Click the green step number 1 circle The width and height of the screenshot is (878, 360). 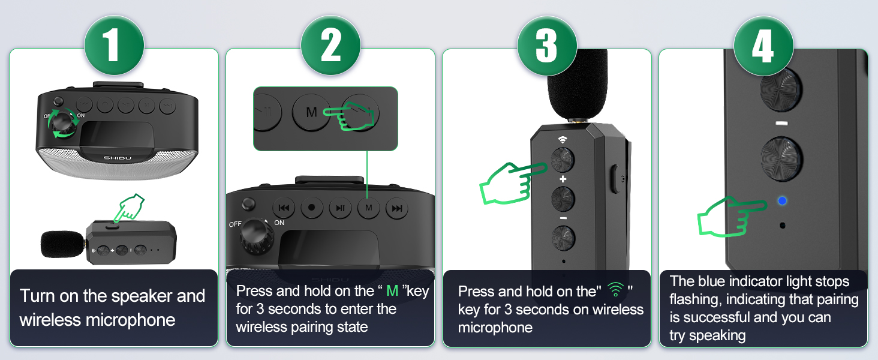[x=114, y=45]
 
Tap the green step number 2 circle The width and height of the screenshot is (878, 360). [x=330, y=45]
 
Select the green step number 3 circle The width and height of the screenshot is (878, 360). [x=547, y=46]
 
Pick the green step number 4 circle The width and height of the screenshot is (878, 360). [x=763, y=46]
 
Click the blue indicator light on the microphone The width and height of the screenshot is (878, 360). [x=783, y=201]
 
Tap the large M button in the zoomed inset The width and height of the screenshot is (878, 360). [x=311, y=113]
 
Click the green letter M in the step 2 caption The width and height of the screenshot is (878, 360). [x=392, y=291]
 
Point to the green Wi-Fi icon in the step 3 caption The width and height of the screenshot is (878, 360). [x=615, y=289]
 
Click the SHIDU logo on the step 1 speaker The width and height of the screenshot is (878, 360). [x=118, y=158]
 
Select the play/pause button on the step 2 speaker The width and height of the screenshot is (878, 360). [x=340, y=208]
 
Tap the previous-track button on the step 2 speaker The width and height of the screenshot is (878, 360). [x=284, y=208]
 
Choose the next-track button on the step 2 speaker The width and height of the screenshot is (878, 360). [x=396, y=208]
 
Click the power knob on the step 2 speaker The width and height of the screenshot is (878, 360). [x=257, y=236]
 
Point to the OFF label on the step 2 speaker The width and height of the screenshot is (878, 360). [x=235, y=224]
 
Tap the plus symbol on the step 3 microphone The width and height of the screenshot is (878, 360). [x=563, y=179]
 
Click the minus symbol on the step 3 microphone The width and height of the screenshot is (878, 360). [x=563, y=218]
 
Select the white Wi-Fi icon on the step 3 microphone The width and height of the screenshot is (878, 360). [x=563, y=140]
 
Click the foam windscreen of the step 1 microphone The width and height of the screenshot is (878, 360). [x=62, y=244]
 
